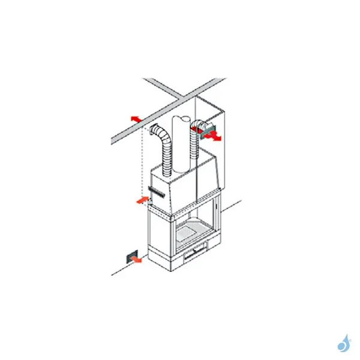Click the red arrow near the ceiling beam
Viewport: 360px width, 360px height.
pyautogui.click(x=136, y=119)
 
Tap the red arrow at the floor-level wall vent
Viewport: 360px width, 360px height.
pyautogui.click(x=137, y=259)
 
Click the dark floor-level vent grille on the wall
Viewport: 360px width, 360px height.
pyautogui.click(x=129, y=256)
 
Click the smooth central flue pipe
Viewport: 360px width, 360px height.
pyautogui.click(x=180, y=144)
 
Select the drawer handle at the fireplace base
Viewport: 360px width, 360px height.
pyautogui.click(x=195, y=253)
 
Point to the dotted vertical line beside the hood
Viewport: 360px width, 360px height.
pyautogui.click(x=142, y=162)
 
